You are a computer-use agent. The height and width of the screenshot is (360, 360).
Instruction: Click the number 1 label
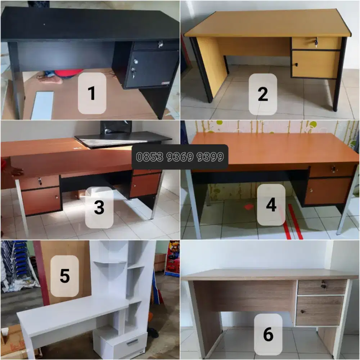click(92, 93)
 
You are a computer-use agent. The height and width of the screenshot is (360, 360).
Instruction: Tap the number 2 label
click(263, 94)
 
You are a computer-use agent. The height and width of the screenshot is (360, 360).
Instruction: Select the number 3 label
click(99, 208)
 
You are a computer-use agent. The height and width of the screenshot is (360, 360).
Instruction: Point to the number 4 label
click(271, 205)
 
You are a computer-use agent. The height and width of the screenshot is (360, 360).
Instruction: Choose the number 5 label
click(64, 276)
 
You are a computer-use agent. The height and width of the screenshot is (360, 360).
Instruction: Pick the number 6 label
click(268, 334)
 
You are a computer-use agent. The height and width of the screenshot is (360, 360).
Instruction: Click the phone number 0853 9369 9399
click(180, 157)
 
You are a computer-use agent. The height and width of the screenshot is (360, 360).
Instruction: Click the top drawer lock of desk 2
click(316, 43)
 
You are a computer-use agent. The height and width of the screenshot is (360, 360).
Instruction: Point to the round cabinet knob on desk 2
click(296, 65)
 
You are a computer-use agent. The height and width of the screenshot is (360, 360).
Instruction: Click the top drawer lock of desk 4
click(334, 169)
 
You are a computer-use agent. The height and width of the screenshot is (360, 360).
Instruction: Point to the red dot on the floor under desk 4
click(249, 207)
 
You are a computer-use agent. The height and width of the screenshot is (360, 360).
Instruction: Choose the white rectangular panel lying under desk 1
click(42, 105)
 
